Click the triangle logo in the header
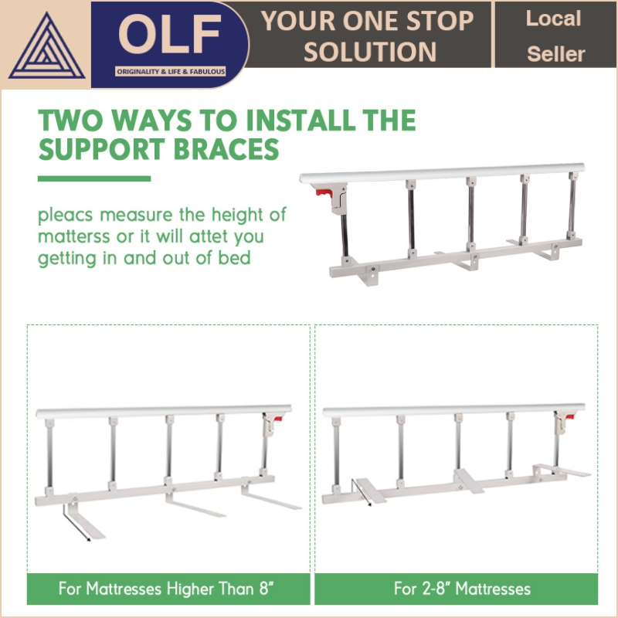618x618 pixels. point(46,47)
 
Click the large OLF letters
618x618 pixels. point(169,34)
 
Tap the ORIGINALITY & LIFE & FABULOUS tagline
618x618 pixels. point(170,72)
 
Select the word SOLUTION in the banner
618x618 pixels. point(370,52)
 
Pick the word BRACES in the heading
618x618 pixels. point(226,149)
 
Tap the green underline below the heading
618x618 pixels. point(94,178)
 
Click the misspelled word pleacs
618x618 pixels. point(66,216)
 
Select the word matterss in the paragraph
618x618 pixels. point(73,237)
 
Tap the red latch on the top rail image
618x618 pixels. point(324,193)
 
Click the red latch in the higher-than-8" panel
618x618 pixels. point(278,419)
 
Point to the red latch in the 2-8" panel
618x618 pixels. point(569,417)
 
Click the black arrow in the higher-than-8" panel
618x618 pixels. point(76,523)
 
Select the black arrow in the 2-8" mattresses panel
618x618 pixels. point(361,493)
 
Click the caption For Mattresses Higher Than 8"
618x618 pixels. point(166,589)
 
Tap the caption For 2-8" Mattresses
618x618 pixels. point(462,589)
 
